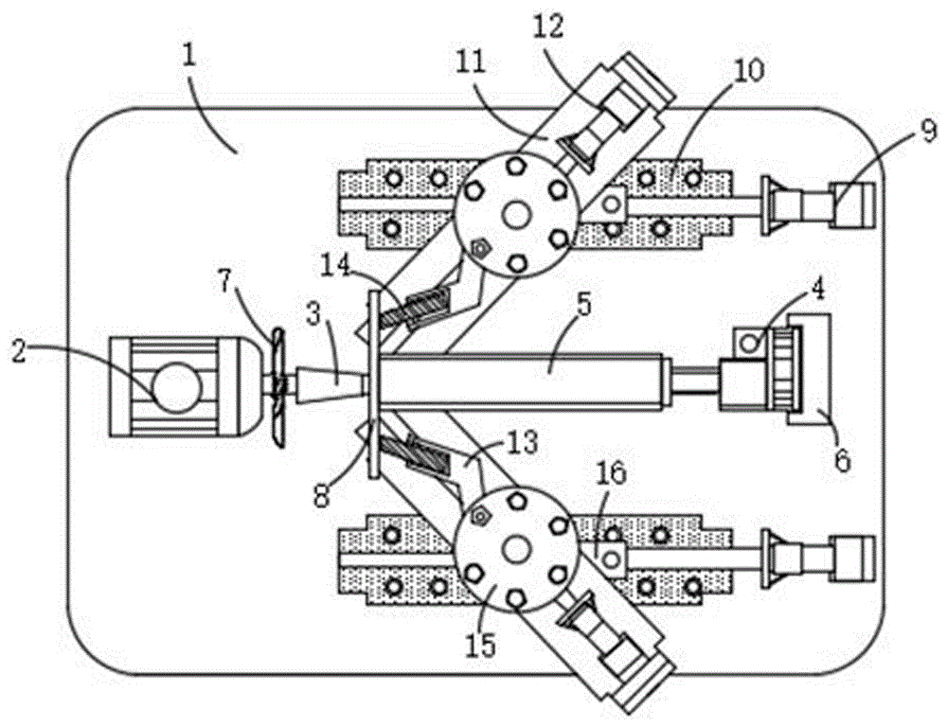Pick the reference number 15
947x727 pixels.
[x=481, y=646]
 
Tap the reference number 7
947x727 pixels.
[x=225, y=282]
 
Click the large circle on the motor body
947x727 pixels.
[x=175, y=387]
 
